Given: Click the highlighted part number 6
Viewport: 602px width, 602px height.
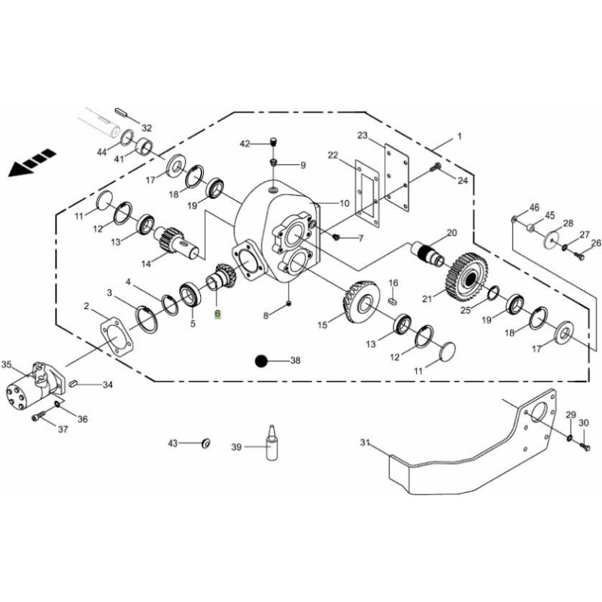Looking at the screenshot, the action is pos(217,314).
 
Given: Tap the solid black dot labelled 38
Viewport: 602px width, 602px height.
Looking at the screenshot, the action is pos(261,361).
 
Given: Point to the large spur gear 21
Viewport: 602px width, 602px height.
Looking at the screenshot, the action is pos(468,277).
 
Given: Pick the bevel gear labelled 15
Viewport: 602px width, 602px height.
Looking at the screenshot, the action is pos(360,302).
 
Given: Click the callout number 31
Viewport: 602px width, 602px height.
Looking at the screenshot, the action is pos(365,442).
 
